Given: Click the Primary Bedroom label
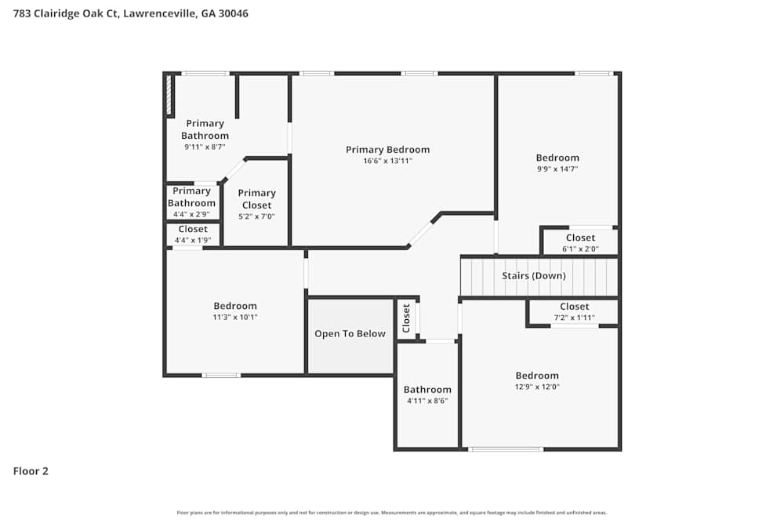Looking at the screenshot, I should point(387,150).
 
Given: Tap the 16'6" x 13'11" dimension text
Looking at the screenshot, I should point(387,161).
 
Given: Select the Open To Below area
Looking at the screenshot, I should point(350,334).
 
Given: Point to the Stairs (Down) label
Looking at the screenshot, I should point(533,276).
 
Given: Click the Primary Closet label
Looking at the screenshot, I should point(256,199).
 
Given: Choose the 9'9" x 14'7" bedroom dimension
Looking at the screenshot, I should point(557,169).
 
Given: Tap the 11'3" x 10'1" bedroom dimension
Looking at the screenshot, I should point(235,317).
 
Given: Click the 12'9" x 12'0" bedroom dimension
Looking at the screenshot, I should point(537,387).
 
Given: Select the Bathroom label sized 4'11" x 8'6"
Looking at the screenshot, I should point(427,390).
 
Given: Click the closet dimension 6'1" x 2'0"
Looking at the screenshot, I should point(580,249).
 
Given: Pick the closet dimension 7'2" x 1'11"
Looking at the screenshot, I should point(574,318).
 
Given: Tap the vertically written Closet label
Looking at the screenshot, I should point(406,318).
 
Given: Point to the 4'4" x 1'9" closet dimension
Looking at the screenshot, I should point(192,240).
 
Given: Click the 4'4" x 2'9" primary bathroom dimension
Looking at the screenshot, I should point(192,214).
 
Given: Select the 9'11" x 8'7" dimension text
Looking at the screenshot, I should point(205,147).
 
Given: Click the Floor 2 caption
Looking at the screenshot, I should point(31,471).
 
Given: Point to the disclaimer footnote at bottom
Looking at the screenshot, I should point(391,513).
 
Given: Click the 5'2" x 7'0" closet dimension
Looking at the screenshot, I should point(256,216).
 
